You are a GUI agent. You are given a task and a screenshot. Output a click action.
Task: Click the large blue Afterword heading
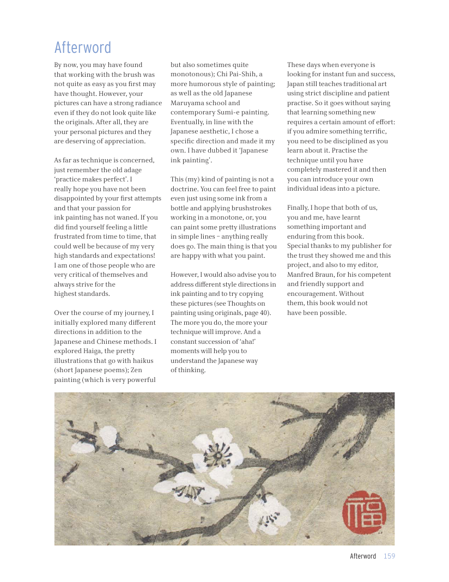coord(83,47)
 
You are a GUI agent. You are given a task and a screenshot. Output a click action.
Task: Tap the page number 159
coord(389,556)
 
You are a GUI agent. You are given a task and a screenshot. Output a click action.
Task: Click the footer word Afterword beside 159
coord(363,556)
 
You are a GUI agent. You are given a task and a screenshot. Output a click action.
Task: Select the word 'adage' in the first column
coord(131,169)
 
